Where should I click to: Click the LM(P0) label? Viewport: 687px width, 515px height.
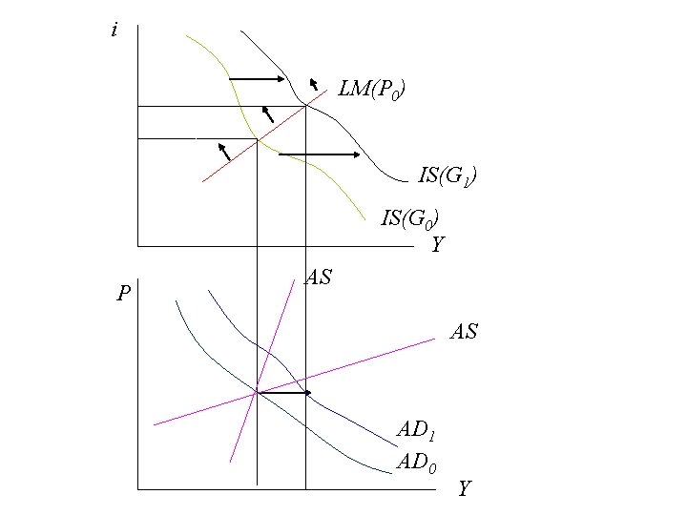click(375, 92)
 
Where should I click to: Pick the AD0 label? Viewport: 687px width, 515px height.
click(417, 463)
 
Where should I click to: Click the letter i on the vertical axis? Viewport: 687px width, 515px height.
click(114, 31)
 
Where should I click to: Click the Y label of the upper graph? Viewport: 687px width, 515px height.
click(437, 245)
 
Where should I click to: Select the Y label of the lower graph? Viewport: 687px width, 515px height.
click(464, 489)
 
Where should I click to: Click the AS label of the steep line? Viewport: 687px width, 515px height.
click(318, 278)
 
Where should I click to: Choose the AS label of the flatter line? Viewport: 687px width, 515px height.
click(463, 332)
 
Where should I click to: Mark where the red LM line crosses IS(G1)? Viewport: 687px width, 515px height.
click(305, 105)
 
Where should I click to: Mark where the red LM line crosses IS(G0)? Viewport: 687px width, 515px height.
click(258, 139)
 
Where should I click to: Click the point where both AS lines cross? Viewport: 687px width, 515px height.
click(256, 392)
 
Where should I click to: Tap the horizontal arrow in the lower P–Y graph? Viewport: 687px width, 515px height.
click(284, 392)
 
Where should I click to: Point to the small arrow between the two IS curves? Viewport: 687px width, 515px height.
click(268, 114)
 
